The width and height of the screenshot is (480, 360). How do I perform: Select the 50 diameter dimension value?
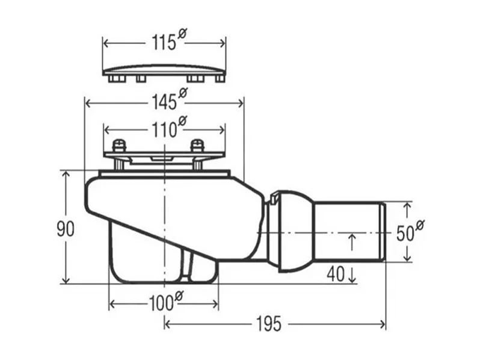tap(405, 232)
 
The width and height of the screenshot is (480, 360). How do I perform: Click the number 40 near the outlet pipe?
tap(334, 274)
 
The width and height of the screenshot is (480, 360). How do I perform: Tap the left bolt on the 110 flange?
tap(120, 146)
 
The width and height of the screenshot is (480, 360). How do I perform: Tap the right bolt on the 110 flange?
tap(197, 146)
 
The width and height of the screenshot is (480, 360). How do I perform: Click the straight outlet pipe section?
tap(349, 232)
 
